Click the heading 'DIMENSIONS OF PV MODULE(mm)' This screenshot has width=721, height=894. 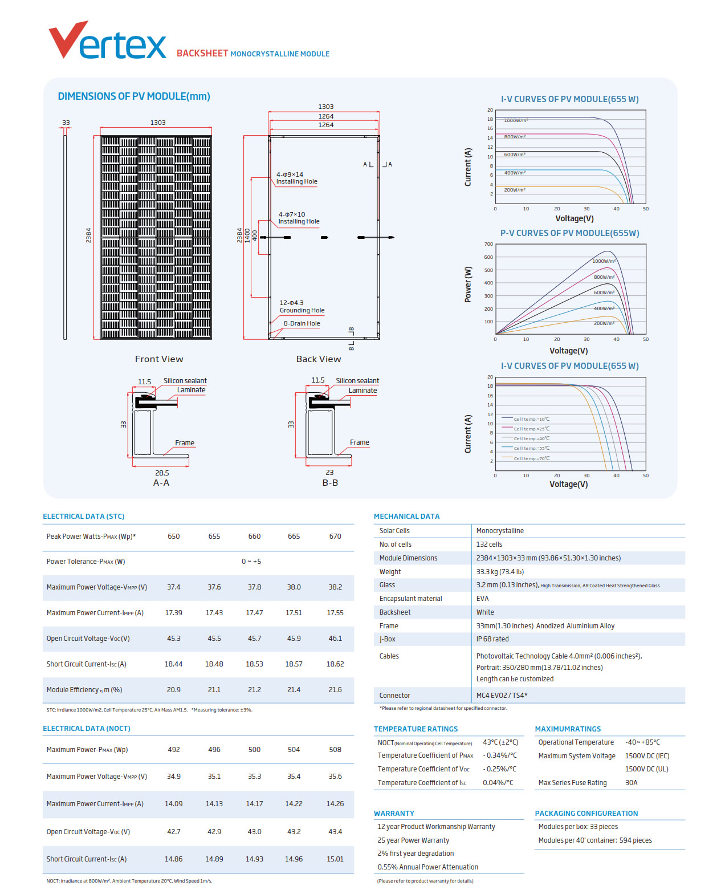pos(134,96)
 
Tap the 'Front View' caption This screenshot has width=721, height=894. pos(159,359)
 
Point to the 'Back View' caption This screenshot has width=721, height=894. pos(319,359)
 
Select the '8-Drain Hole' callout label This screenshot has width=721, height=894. pos(302,323)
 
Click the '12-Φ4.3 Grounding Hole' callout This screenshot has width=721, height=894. pos(302,307)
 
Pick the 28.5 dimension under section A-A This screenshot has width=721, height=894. pos(162,473)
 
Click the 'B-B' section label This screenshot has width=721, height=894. pos(330,483)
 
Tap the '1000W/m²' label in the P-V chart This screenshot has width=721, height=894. pos(604,261)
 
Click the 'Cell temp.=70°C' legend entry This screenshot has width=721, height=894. pos(531,458)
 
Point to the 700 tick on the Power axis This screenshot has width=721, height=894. pos(488,244)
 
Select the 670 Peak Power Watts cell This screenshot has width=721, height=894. pos(335,537)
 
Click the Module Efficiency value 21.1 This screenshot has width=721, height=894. pos(214,690)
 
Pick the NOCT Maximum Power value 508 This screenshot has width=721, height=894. pos(335,750)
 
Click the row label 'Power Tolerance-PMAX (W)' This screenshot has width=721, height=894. pos(85,562)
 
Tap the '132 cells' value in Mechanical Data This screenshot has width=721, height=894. pos(489,544)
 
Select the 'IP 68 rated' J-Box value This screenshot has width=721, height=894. pos(492,639)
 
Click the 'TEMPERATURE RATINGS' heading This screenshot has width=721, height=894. pos(416,729)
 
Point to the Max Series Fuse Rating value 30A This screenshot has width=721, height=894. pos(631,783)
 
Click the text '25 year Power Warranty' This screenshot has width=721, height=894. pos(413,840)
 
